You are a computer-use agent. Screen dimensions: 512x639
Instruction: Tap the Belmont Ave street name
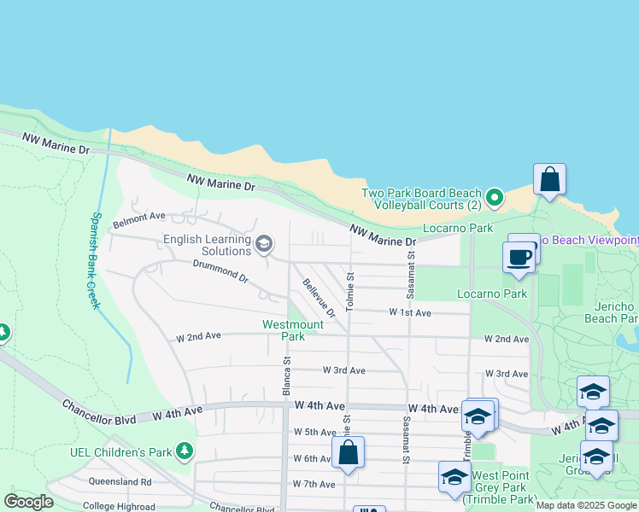point(138,218)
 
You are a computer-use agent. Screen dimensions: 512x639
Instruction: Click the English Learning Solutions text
point(208,246)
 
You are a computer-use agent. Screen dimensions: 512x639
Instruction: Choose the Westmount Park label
point(293,330)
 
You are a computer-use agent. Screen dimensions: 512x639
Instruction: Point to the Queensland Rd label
point(120,481)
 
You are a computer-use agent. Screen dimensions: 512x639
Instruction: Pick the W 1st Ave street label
point(410,313)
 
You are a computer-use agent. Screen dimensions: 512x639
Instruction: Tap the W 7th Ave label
point(314,484)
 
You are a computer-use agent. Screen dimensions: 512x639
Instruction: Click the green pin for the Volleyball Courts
point(493,199)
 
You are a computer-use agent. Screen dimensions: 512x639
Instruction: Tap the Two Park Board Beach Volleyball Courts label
point(421,200)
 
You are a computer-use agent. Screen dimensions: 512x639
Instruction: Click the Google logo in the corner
point(28,502)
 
